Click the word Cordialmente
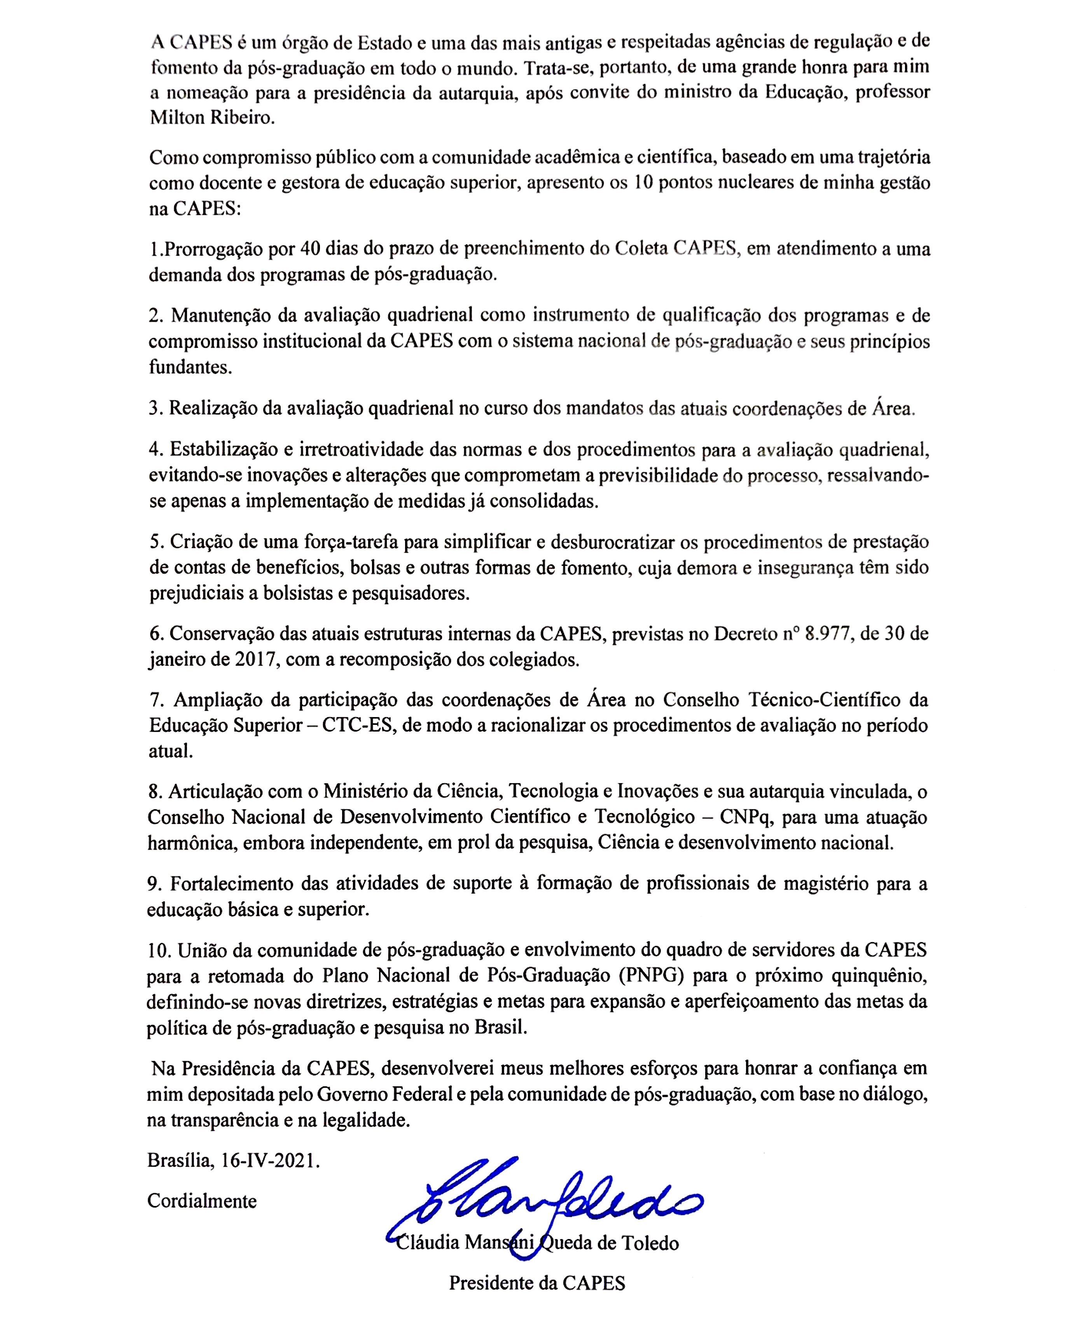[202, 1201]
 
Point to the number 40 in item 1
[311, 249]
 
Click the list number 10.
[159, 950]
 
